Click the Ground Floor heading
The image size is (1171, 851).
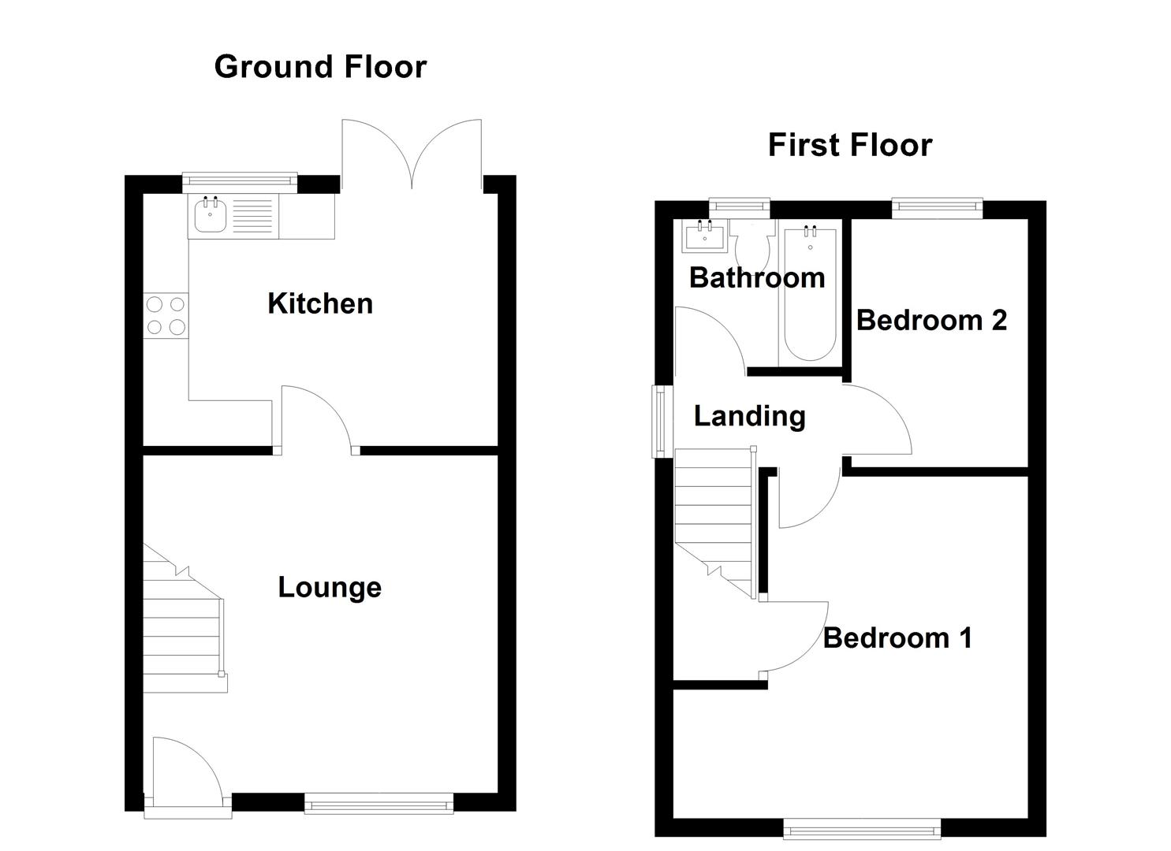(320, 67)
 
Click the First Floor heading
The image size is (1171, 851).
(849, 145)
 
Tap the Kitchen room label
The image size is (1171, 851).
(319, 303)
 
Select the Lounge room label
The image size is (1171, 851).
(330, 587)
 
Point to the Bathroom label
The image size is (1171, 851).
(756, 277)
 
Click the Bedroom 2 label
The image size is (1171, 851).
(931, 320)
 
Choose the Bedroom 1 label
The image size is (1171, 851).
(897, 637)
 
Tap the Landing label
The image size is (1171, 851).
(749, 416)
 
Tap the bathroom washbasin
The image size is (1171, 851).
(704, 236)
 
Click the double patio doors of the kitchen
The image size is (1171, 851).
(412, 158)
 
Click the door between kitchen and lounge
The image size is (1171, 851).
(315, 418)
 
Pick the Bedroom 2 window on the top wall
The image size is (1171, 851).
(937, 208)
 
